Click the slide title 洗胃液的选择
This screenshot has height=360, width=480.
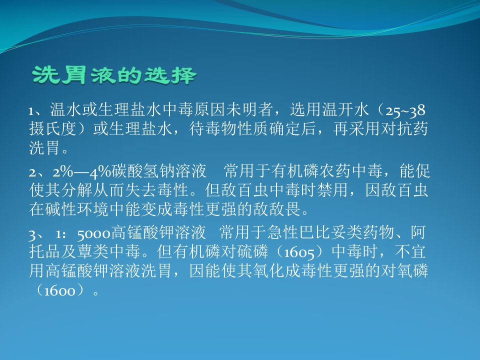114,76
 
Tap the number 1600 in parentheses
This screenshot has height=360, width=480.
59,290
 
